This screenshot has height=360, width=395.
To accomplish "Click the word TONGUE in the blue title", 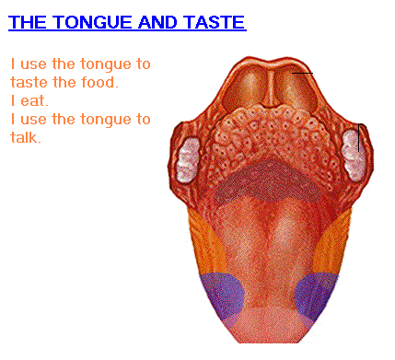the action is click(x=94, y=22).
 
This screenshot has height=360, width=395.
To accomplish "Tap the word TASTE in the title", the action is click(x=215, y=22).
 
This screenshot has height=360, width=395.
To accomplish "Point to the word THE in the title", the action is click(x=28, y=22).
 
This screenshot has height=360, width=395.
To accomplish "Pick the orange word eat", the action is click(x=34, y=101).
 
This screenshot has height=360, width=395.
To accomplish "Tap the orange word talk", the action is click(x=26, y=137).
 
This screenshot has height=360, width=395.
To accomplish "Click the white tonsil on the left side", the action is click(x=188, y=159).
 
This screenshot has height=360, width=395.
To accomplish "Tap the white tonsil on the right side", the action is click(x=354, y=155).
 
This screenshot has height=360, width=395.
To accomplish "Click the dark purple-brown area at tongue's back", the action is click(x=266, y=181).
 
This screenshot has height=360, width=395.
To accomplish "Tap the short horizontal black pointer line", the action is click(x=302, y=73).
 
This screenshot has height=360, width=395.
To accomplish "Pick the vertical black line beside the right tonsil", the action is click(x=358, y=137).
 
